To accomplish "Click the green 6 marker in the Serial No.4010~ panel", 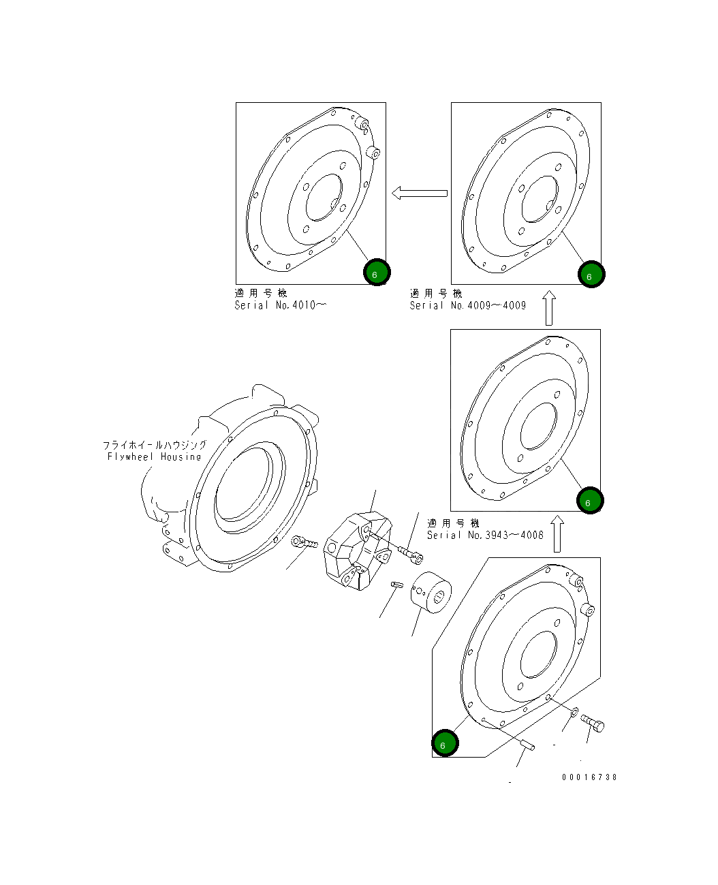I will click(x=376, y=273).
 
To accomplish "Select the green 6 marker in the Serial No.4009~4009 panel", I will click(x=591, y=275).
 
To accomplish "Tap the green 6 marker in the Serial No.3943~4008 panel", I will click(x=589, y=501).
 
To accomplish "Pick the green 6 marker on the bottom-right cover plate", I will click(x=445, y=743).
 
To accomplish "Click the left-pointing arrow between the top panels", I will click(x=420, y=193).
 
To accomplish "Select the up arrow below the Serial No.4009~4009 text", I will click(x=549, y=309).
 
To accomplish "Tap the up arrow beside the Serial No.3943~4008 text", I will click(x=557, y=533).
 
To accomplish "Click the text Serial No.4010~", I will click(x=280, y=305).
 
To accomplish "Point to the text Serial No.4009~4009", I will click(x=468, y=305).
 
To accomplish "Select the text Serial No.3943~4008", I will click(x=485, y=535).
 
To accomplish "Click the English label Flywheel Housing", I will click(x=155, y=456).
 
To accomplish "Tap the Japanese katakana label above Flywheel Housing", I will click(x=155, y=445).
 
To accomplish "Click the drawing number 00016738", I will click(x=589, y=777).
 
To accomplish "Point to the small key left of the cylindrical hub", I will click(x=398, y=584).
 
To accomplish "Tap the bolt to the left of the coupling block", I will click(x=304, y=543).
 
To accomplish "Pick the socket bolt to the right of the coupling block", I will click(x=411, y=554).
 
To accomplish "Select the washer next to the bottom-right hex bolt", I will click(x=574, y=712).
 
